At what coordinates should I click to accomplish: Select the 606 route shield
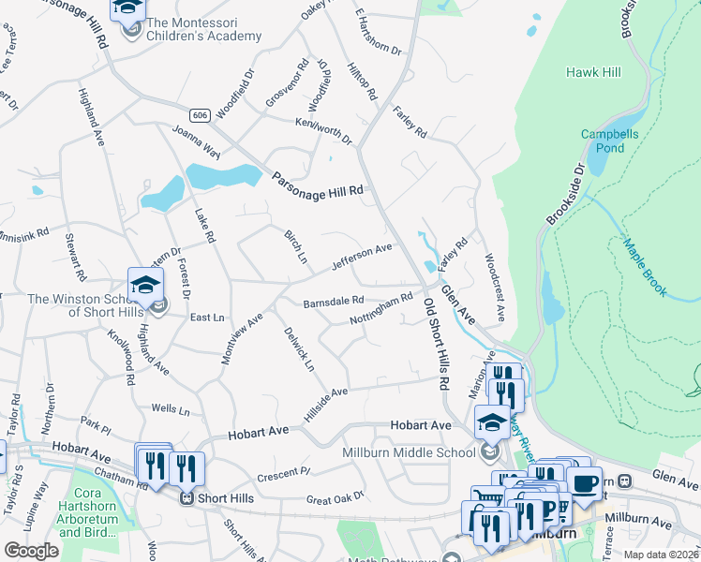coord(198,114)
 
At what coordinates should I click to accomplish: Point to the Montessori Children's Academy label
coord(203,29)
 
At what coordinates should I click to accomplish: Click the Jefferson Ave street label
coord(361,256)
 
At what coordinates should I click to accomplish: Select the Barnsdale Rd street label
coord(333,302)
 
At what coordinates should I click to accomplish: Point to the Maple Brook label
coord(646,268)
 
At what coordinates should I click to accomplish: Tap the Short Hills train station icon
coord(188,497)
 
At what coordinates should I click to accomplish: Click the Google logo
coord(32,550)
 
